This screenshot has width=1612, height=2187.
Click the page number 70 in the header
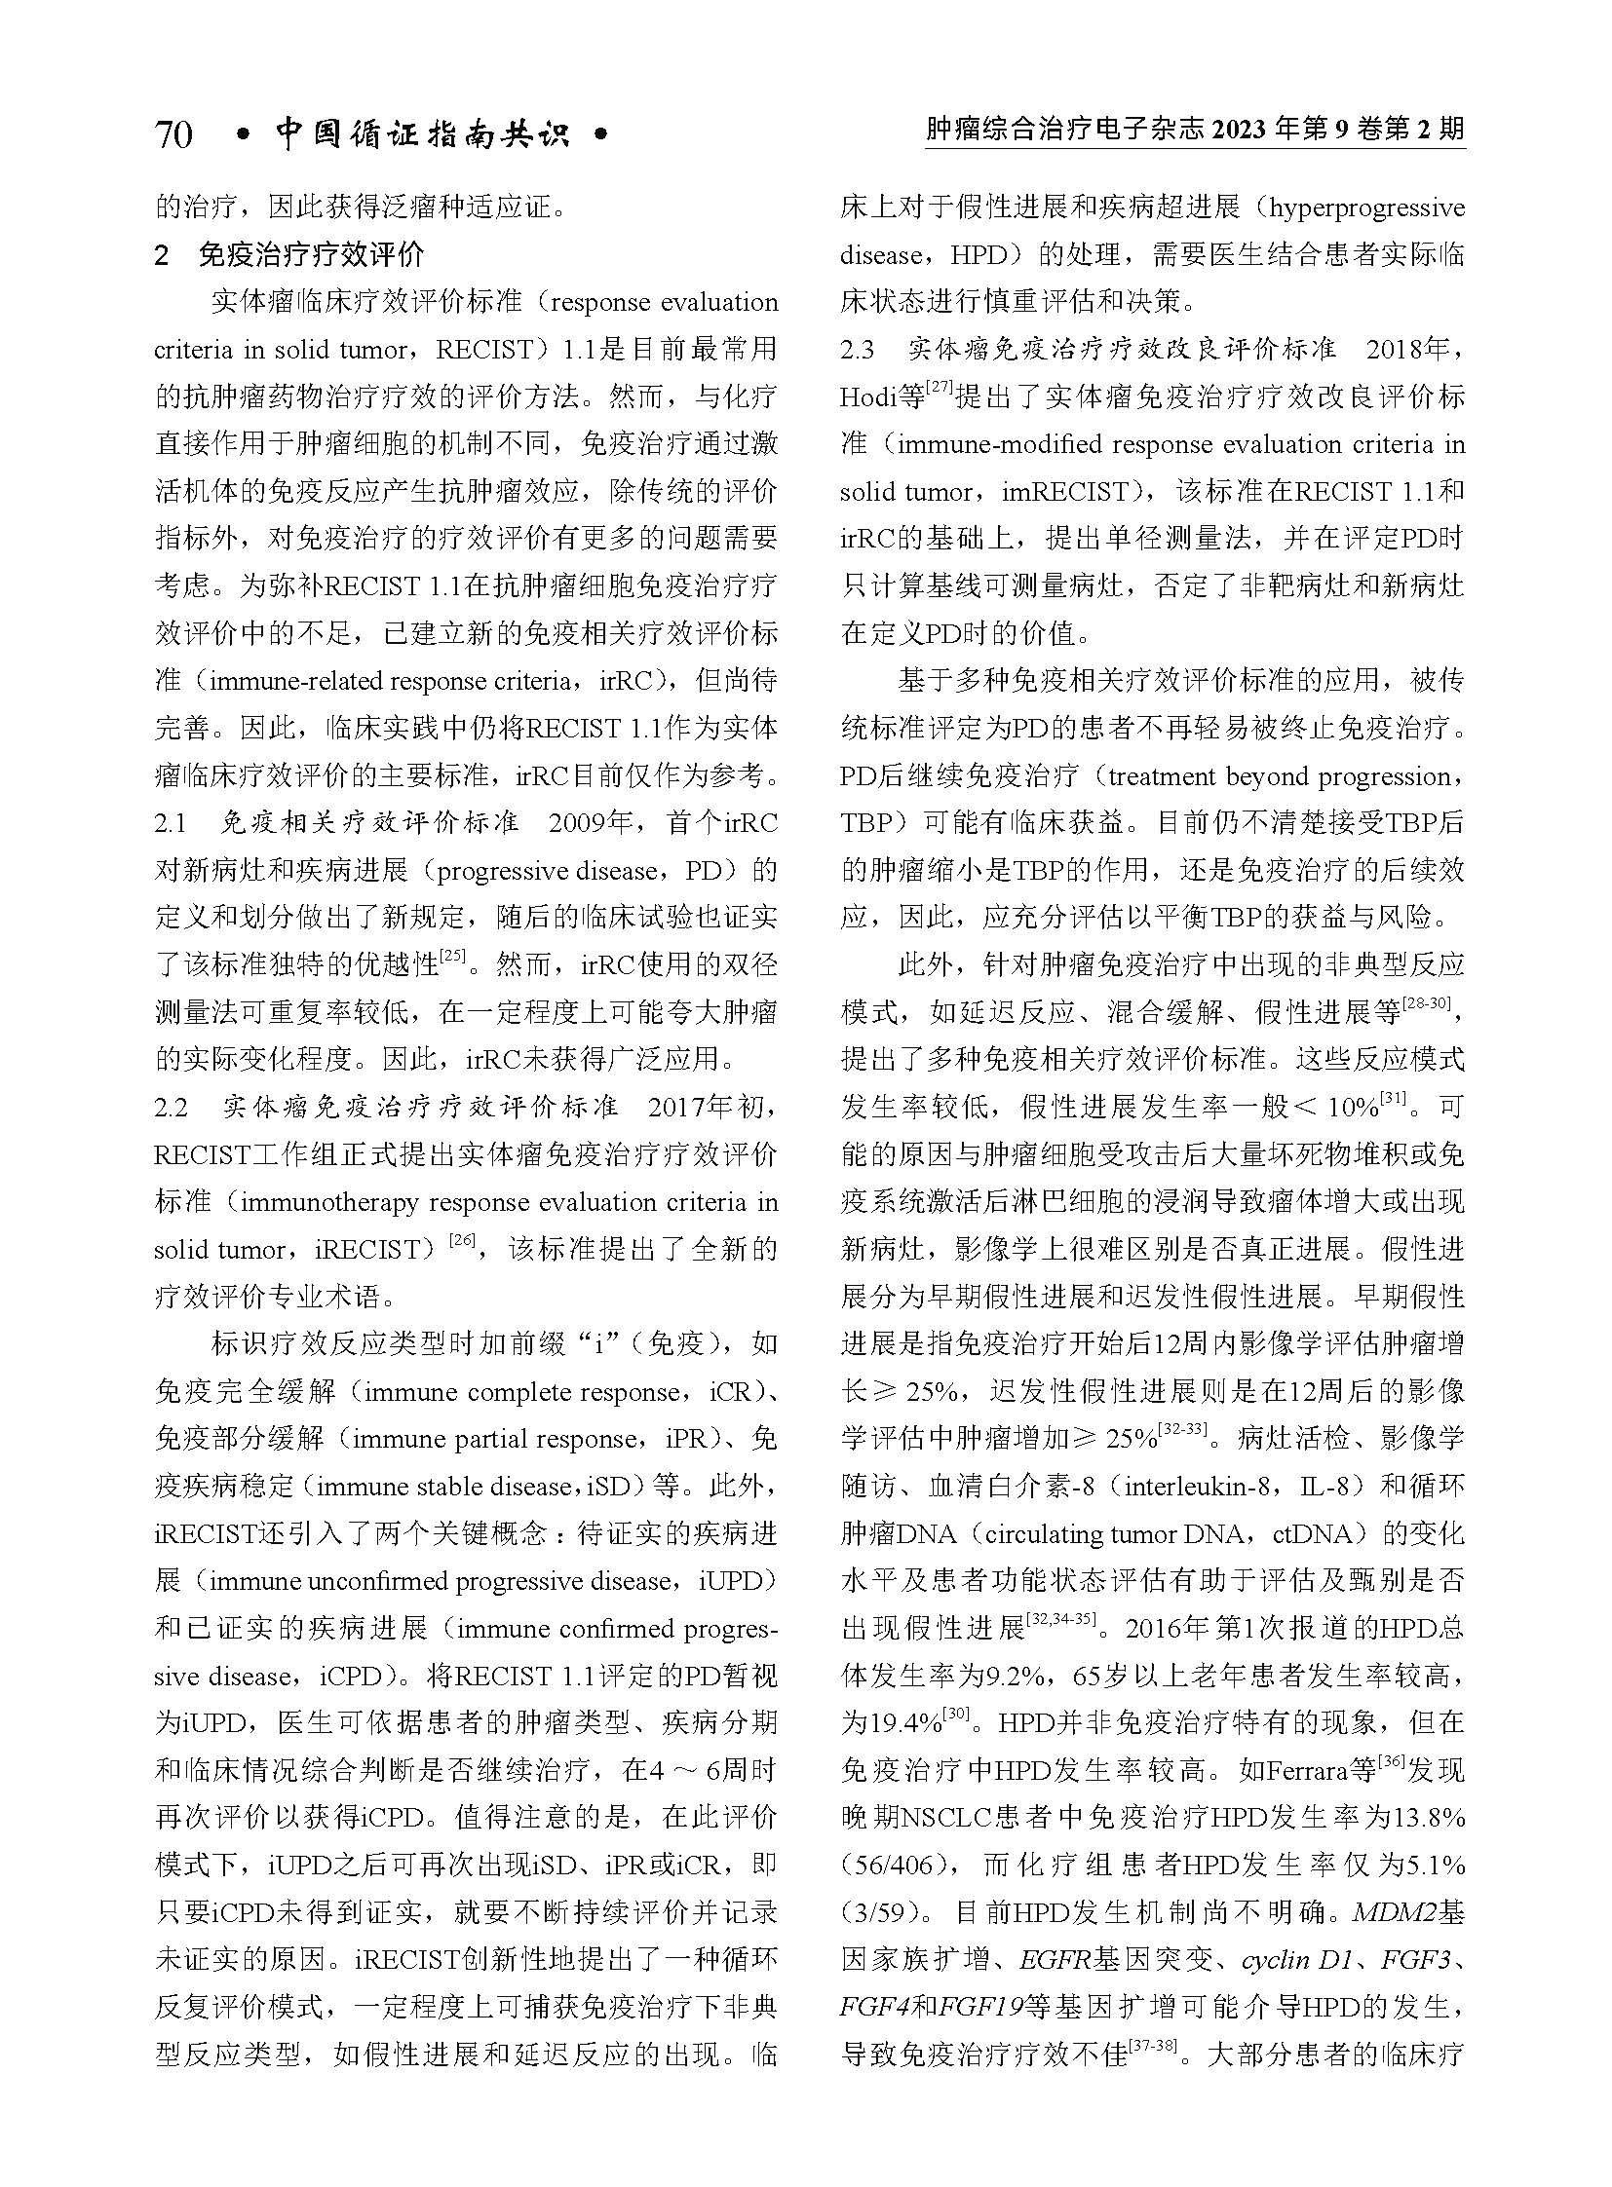[173, 134]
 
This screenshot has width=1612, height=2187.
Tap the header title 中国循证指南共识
[422, 133]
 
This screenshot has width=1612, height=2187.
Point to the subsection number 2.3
[858, 350]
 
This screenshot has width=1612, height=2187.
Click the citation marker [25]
[452, 957]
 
